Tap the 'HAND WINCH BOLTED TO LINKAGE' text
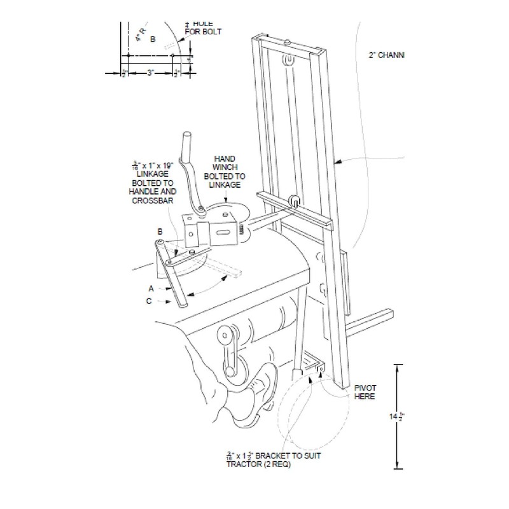coord(225,171)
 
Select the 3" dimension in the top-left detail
coord(150,73)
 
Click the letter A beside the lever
coord(151,288)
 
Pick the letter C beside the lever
coord(148,302)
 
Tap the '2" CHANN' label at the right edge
coord(387,56)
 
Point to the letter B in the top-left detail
coord(152,39)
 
